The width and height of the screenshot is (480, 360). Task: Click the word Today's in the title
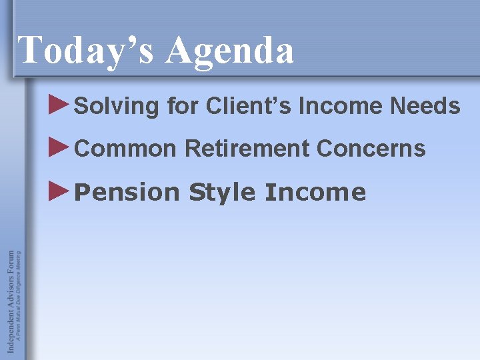click(x=87, y=50)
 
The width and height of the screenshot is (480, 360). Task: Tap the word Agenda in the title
click(x=229, y=51)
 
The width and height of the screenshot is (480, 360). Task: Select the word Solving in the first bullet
click(x=117, y=107)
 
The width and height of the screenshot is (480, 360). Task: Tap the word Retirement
click(x=247, y=149)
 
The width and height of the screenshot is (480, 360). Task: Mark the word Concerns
click(x=371, y=149)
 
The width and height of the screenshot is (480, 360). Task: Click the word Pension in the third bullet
click(x=127, y=193)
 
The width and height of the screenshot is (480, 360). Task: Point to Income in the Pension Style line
click(x=315, y=193)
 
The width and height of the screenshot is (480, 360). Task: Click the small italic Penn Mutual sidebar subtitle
click(x=19, y=297)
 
